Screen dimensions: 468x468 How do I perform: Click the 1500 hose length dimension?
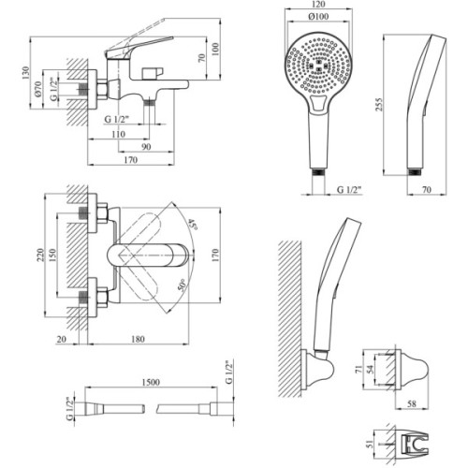(x=151, y=382)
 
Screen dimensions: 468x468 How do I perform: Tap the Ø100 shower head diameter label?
(x=318, y=16)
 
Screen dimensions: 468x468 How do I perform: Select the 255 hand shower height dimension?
(x=378, y=105)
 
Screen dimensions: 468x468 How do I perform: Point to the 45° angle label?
(x=193, y=224)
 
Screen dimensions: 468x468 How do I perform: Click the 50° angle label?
(x=183, y=285)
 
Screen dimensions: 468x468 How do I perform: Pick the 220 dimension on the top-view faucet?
(x=40, y=255)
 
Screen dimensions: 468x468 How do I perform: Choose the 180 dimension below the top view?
(x=138, y=339)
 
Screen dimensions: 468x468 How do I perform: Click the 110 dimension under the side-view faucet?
(x=119, y=134)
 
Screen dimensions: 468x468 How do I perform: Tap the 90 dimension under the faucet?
(x=146, y=147)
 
